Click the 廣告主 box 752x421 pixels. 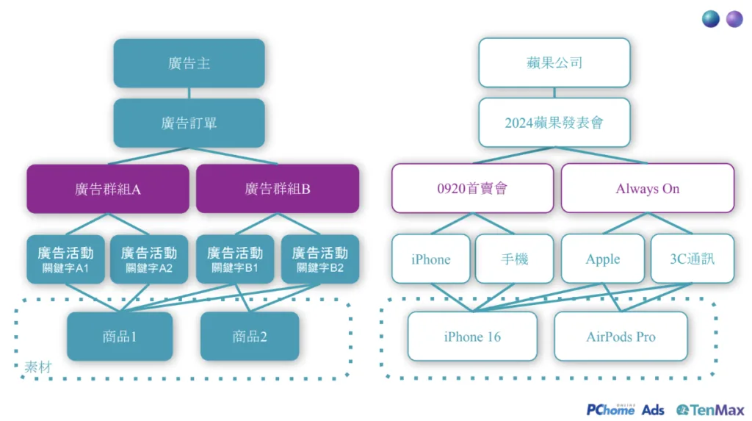point(189,63)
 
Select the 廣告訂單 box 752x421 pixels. point(189,123)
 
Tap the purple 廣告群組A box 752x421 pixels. point(108,189)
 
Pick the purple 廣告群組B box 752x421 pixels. point(278,189)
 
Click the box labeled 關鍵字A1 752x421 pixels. point(65,259)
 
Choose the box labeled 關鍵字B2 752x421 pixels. point(320,259)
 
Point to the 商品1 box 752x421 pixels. point(120,337)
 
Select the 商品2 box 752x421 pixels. point(250,337)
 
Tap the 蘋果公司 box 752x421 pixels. point(554,63)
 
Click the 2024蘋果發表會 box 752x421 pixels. point(554,123)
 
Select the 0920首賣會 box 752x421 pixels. point(472,189)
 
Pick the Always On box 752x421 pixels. point(648,189)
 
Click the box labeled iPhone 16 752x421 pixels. point(472,337)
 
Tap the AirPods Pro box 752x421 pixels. point(621,337)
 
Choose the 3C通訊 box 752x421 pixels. point(692,259)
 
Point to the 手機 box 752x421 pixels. point(514,259)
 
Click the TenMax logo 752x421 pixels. point(709,409)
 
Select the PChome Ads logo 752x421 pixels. point(625,409)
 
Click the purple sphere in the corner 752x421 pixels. point(734,19)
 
